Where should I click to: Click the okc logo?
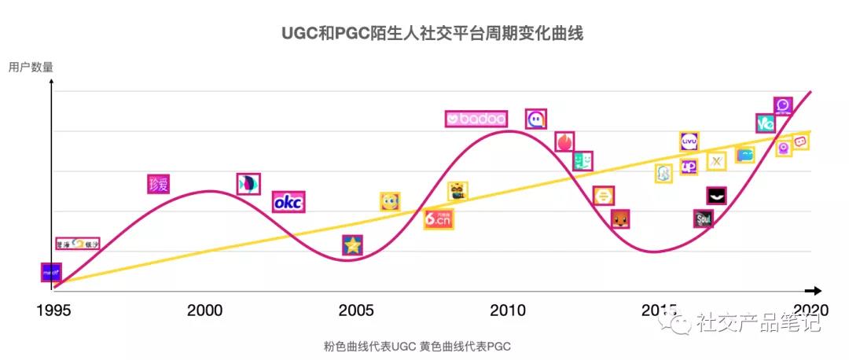point(289,202)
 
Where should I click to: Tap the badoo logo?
point(476,119)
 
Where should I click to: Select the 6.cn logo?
point(439,219)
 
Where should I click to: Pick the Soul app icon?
point(704,219)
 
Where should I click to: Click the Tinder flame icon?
point(565,141)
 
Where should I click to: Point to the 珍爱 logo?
point(158,185)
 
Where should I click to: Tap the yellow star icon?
point(353,245)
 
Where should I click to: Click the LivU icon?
point(689,141)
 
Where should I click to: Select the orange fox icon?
point(621,219)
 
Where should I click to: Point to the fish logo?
point(248,183)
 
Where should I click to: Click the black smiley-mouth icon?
point(716,196)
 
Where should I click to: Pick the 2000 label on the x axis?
point(205,310)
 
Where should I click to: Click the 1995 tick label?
point(53,310)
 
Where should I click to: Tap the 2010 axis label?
point(509,310)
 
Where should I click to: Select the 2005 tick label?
point(356,310)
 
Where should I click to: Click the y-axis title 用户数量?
point(31,68)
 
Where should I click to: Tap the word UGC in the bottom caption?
point(401,347)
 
